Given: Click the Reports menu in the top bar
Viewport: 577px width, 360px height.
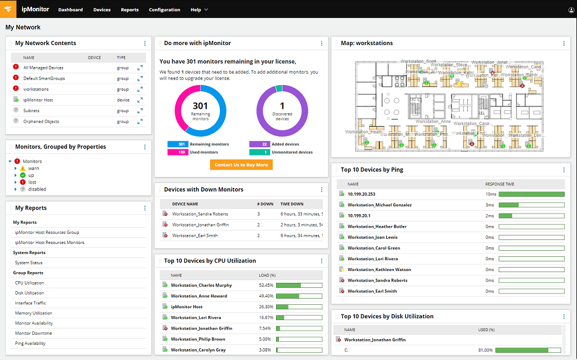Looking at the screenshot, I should tap(130, 10).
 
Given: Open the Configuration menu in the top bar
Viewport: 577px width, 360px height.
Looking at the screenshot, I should tap(165, 10).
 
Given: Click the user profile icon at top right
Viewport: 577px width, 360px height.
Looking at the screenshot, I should tap(564, 10).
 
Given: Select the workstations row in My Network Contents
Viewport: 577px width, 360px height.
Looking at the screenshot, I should tap(36, 89).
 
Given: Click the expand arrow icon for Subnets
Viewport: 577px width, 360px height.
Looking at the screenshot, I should tap(140, 111).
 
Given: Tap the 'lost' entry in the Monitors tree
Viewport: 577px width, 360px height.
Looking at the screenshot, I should tap(32, 183).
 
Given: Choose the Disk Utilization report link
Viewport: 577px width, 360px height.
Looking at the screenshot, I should tap(29, 293).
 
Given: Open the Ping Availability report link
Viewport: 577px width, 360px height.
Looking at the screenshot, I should tap(30, 344).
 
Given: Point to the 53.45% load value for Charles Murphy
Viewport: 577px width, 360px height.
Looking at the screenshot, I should tap(265, 286).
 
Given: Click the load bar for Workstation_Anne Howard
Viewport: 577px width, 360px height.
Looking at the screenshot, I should tap(299, 296).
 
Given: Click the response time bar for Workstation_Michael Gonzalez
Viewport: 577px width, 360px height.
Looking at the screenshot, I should tap(531, 205).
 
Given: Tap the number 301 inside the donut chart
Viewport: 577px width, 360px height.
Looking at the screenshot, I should tap(201, 106).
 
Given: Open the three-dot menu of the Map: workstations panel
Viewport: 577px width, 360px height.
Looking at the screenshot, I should tap(564, 43).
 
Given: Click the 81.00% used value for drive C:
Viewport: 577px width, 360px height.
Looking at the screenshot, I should tap(486, 350).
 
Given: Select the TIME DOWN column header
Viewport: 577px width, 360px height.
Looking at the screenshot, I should tap(292, 204).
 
